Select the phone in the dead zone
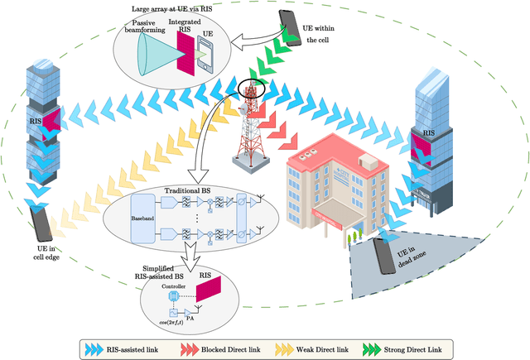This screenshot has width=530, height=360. [383, 254]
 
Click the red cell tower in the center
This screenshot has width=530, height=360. [251, 124]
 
